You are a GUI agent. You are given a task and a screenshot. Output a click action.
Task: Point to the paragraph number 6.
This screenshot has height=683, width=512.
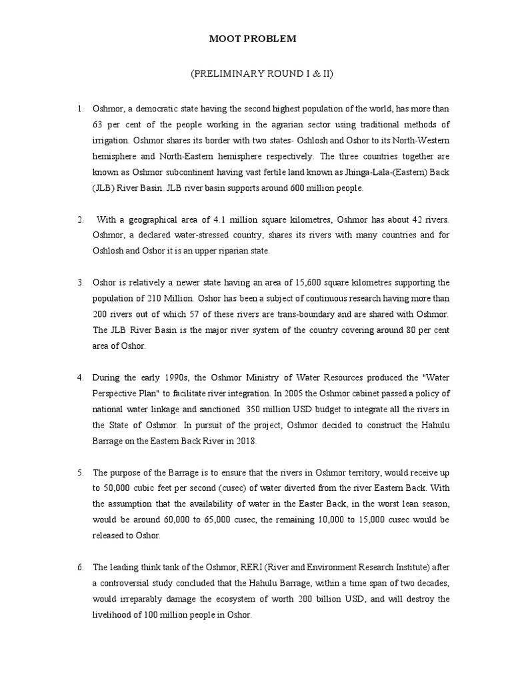tap(80, 568)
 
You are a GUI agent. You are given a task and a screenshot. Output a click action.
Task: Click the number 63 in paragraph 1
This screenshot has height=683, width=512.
tap(99, 125)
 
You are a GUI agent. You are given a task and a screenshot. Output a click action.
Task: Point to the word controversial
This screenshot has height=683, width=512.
tap(131, 584)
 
